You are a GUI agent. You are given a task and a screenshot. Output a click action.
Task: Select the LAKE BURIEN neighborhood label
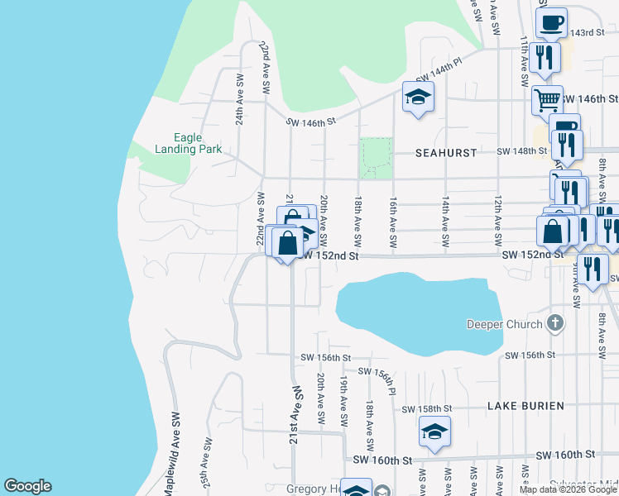(525, 406)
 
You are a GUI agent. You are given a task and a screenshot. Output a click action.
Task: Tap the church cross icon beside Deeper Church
(555, 323)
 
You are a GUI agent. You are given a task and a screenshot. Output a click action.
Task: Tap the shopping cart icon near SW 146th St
(545, 99)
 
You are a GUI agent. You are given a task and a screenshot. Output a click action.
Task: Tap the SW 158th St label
(426, 409)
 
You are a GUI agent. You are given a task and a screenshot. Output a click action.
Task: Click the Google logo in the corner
(27, 486)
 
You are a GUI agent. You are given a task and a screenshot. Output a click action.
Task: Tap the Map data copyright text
(569, 489)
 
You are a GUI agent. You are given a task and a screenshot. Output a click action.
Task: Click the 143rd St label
(588, 32)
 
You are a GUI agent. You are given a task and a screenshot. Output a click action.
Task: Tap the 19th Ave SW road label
(343, 393)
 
